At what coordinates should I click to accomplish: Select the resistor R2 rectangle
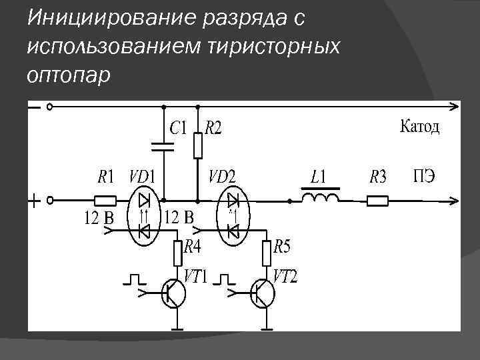(197, 145)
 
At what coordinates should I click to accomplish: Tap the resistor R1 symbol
(104, 200)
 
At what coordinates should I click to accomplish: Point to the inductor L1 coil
(320, 197)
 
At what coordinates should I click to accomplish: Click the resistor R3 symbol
(378, 200)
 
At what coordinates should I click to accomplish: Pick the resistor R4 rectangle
(178, 253)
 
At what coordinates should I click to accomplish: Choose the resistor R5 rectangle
(266, 253)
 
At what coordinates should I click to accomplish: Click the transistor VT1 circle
(174, 293)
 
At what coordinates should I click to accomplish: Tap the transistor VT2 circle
(263, 293)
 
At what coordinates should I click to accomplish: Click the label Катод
(419, 127)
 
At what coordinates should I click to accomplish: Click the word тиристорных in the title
(274, 47)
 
